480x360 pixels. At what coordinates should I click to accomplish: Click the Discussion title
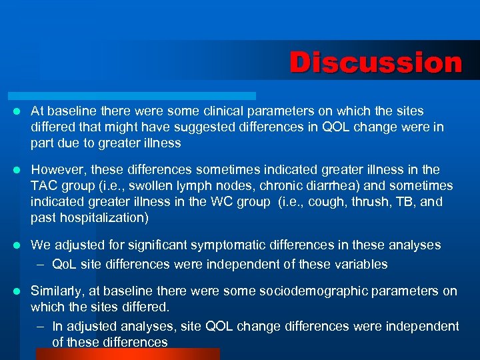pyautogui.click(x=375, y=63)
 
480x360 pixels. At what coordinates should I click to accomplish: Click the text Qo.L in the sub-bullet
pyautogui.click(x=65, y=264)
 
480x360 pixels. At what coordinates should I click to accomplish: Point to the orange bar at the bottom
pyautogui.click(x=127, y=353)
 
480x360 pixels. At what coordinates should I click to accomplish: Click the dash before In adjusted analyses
pyautogui.click(x=41, y=326)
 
